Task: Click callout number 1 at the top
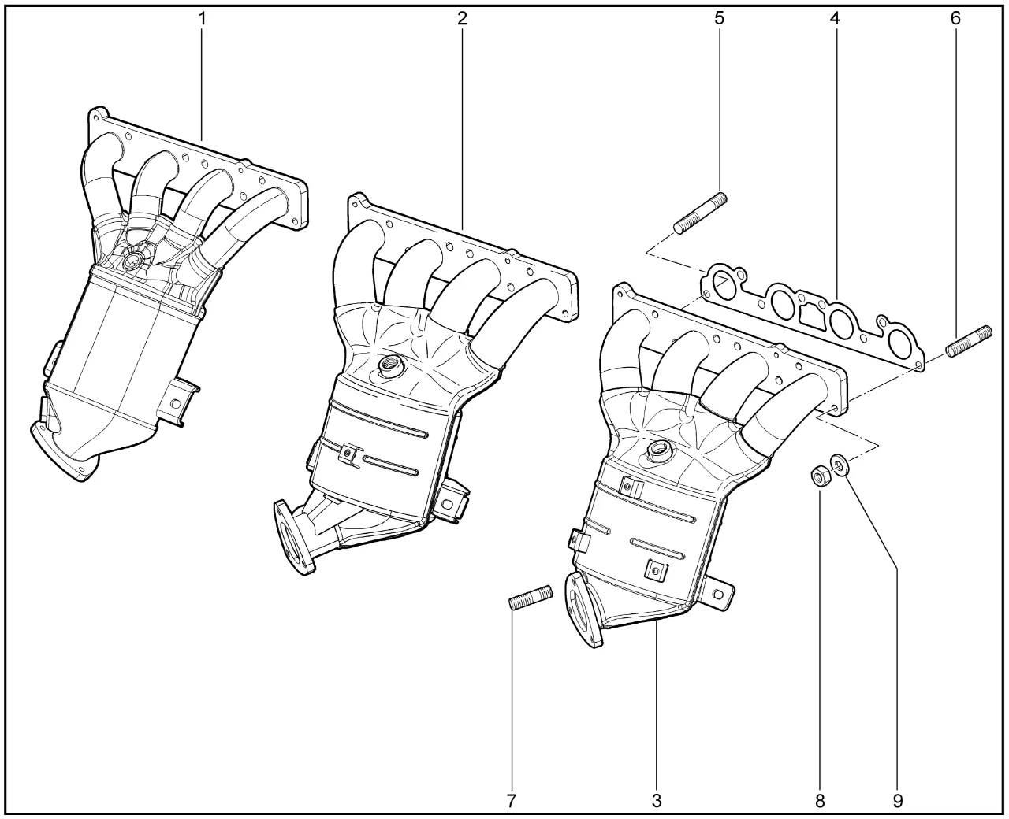coord(203,19)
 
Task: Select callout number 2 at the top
coord(462,19)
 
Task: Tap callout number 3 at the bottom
coord(656,801)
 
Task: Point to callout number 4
coord(835,19)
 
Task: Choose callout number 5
coord(719,19)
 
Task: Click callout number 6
coord(955,19)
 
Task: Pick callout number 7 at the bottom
coord(511,801)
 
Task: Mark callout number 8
coord(820,801)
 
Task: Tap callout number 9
coord(898,801)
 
